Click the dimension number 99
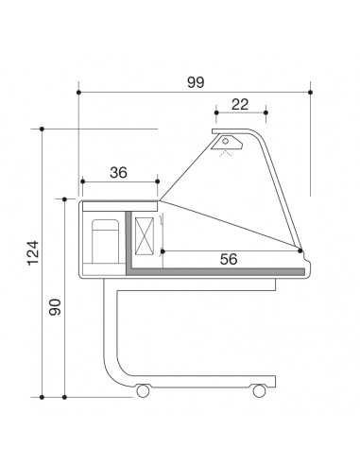pos(196,82)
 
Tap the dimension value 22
pos(240,105)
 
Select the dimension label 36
pos(118,173)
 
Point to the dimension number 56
pos(229,259)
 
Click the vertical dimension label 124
pos(33,253)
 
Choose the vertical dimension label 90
pos(55,307)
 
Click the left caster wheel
pos(143,390)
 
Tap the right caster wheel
pos(259,390)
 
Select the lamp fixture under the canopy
pos(227,143)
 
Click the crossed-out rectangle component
pos(145,236)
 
